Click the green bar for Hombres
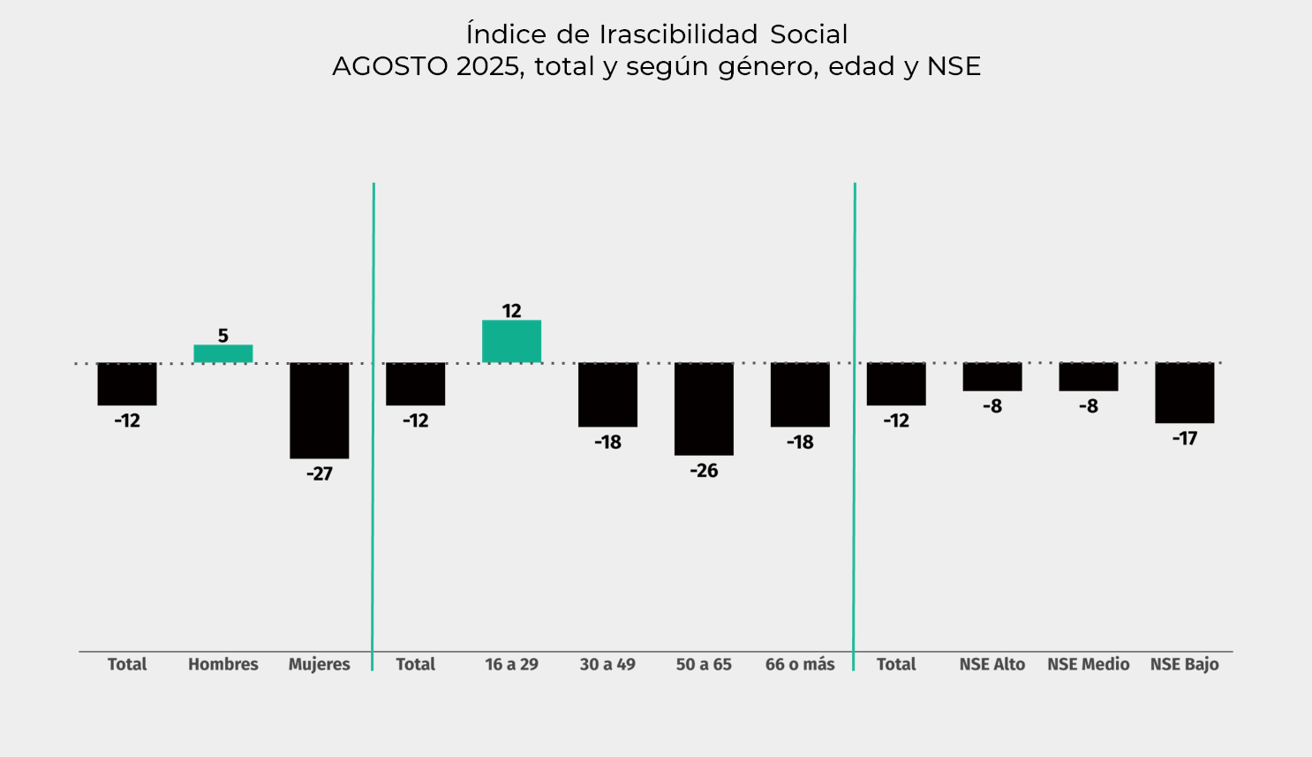pos(223,354)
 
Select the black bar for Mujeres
pos(320,411)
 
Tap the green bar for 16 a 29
pos(511,342)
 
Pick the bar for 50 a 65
pos(704,409)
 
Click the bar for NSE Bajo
pos(1184,393)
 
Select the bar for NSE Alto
pos(992,377)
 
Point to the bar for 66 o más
pos(800,395)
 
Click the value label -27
pos(320,474)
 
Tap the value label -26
pos(704,471)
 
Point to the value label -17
pos(1184,438)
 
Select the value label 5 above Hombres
pos(223,336)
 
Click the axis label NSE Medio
pos(1089,664)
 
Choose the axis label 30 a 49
pos(607,664)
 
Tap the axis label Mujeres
pos(320,665)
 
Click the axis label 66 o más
pos(800,664)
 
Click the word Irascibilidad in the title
pos(678,34)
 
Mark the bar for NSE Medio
pos(1089,377)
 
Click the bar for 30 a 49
pos(607,395)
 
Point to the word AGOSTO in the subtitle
pos(390,66)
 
